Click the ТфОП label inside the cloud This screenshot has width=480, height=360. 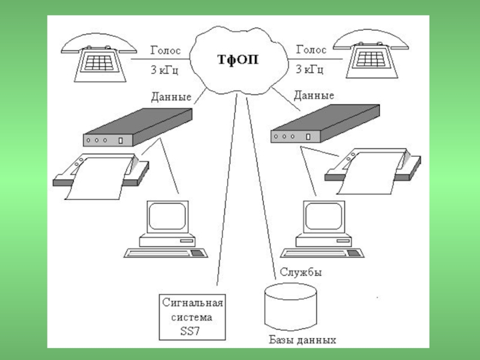[238, 59]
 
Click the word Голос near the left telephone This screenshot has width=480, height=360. [166, 50]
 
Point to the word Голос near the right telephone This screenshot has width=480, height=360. [311, 50]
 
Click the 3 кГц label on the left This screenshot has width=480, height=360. [164, 70]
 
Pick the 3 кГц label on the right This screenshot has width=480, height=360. [310, 69]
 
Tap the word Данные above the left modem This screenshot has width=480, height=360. [171, 97]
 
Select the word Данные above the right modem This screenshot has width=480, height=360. [314, 95]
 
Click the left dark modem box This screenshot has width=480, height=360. [138, 127]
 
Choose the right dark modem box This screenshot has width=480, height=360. [325, 124]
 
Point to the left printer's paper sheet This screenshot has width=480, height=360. [98, 178]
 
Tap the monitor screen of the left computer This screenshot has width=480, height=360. [167, 216]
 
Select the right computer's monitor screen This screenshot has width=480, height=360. [323, 216]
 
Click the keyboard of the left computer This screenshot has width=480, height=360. [166, 253]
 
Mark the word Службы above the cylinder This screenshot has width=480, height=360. [301, 272]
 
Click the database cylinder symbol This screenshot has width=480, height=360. [290, 307]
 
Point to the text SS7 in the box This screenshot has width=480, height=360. [190, 331]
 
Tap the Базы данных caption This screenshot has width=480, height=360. [302, 340]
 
